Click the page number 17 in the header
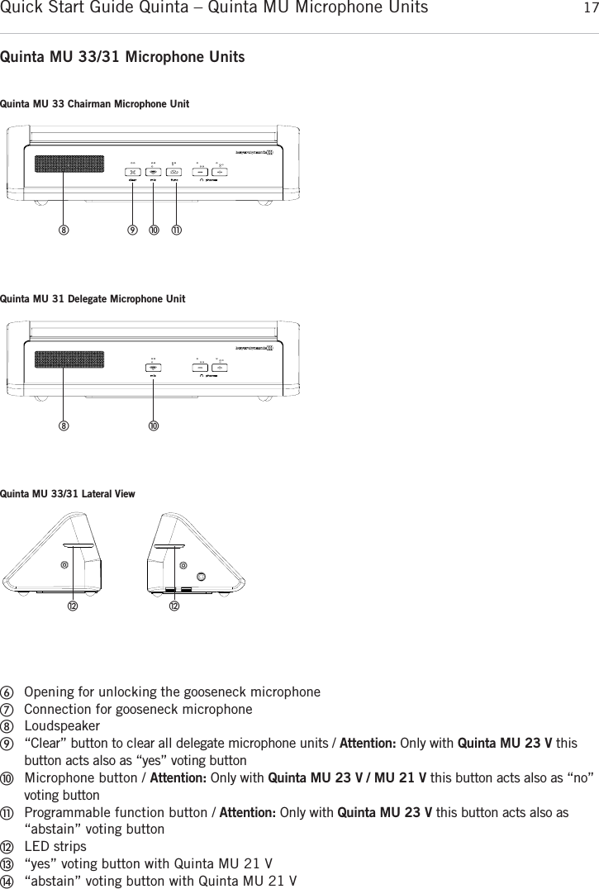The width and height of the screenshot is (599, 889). pyautogui.click(x=588, y=9)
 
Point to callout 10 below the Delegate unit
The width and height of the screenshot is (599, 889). pyautogui.click(x=154, y=425)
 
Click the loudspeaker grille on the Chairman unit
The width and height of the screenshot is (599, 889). pyautogui.click(x=69, y=164)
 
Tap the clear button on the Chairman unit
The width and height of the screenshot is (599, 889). pyautogui.click(x=133, y=172)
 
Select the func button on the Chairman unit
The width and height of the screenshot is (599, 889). pyautogui.click(x=176, y=172)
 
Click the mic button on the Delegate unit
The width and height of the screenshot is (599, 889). pyautogui.click(x=155, y=368)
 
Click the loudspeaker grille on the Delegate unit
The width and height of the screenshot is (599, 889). pyautogui.click(x=69, y=360)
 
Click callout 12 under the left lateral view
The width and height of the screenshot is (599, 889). pyautogui.click(x=73, y=607)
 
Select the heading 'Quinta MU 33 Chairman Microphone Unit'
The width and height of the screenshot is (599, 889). pyautogui.click(x=95, y=104)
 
